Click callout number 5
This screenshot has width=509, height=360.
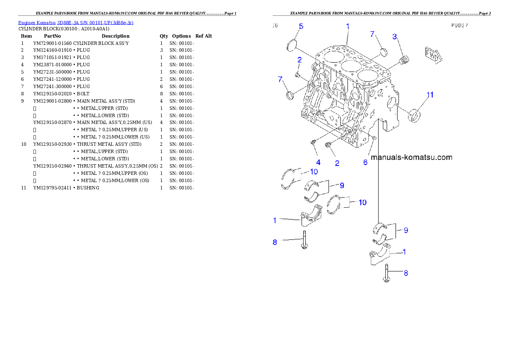pyautogui.click(x=301, y=27)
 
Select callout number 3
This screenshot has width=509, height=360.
pyautogui.click(x=395, y=36)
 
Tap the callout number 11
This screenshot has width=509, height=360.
pyautogui.click(x=430, y=94)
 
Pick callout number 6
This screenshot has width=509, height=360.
pyautogui.click(x=365, y=162)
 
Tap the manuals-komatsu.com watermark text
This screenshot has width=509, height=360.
pyautogui.click(x=411, y=157)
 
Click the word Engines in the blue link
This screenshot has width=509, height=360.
pyautogui.click(x=27, y=22)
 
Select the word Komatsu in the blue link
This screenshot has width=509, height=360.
pyautogui.click(x=46, y=22)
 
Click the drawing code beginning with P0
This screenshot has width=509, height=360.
pyautogui.click(x=459, y=25)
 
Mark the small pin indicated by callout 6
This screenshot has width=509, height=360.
pyautogui.click(x=374, y=138)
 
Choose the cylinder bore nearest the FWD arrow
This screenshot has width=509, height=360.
pyautogui.click(x=368, y=77)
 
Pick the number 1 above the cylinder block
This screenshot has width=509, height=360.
pyautogui.click(x=348, y=26)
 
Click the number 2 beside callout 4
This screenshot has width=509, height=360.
pyautogui.click(x=337, y=163)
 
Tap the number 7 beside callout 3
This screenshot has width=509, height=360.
pyautogui.click(x=372, y=34)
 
